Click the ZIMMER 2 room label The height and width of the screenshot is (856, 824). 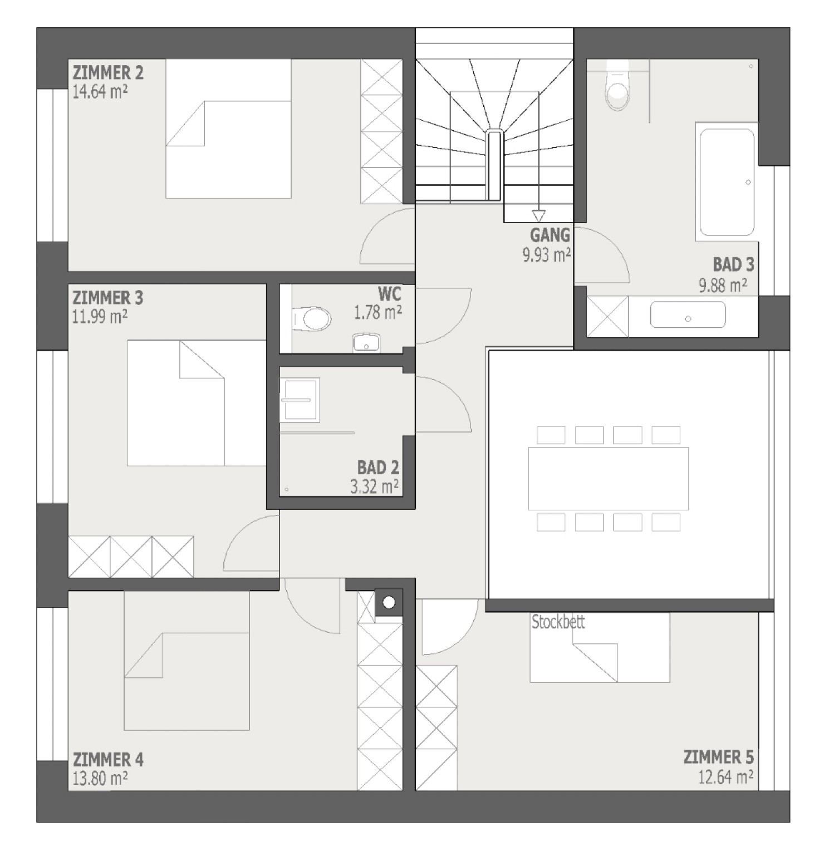[108, 73]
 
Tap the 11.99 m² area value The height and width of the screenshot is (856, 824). [100, 317]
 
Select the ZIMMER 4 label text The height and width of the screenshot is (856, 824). [108, 759]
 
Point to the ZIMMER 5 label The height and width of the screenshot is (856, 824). [719, 757]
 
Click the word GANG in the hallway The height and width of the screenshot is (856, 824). [550, 234]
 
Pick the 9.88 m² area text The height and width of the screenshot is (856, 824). [723, 285]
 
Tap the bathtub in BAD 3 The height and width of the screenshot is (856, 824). [727, 182]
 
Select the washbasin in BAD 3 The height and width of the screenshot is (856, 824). [688, 315]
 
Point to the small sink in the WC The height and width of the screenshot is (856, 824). [366, 343]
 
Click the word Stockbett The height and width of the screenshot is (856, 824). [558, 622]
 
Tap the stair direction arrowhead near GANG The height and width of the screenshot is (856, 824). [538, 215]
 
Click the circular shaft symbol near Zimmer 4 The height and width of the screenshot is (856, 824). [389, 602]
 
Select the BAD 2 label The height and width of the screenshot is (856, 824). [379, 467]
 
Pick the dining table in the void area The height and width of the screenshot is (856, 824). [609, 479]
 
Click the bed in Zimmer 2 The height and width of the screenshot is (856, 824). [228, 129]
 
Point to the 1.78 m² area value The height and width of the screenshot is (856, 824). [378, 313]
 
